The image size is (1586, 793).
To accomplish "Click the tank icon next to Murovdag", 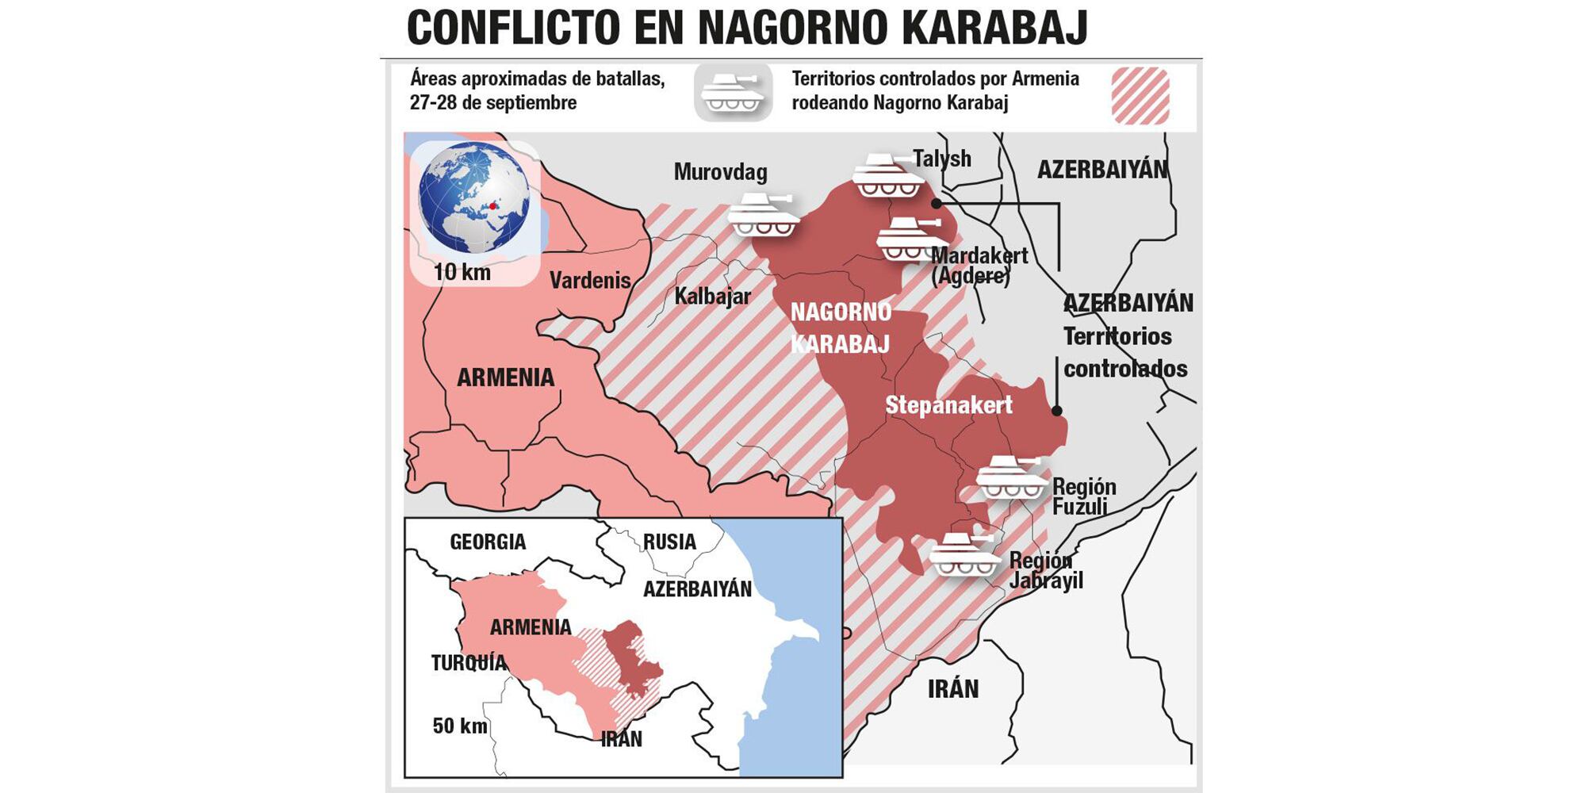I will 763,215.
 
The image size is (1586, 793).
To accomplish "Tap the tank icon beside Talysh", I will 888,176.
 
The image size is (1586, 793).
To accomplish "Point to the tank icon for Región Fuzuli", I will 1011,478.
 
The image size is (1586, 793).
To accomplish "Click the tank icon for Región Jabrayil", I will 964,555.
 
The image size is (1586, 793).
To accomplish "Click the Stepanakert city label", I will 948,405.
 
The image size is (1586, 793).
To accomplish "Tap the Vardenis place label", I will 590,280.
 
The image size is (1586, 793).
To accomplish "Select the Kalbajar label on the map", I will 712,296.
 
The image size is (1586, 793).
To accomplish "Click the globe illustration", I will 474,198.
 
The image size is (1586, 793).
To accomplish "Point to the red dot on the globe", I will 492,206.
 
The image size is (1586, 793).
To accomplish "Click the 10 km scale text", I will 462,272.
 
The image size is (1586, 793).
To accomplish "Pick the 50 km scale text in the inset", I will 459,726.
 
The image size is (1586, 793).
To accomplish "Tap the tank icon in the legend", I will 733,93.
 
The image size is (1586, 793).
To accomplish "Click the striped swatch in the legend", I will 1140,96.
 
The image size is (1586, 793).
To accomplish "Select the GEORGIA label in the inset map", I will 488,542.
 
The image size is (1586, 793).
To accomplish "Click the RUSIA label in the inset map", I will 669,542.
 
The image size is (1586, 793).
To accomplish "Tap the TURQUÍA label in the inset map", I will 469,663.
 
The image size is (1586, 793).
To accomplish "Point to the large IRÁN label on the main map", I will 953,688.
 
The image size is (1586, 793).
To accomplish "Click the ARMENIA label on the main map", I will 505,377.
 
